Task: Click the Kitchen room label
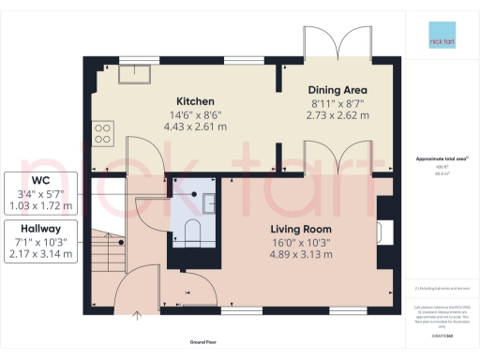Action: point(197,100)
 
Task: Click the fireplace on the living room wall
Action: point(383,230)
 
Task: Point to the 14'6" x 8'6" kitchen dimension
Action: point(197,114)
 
